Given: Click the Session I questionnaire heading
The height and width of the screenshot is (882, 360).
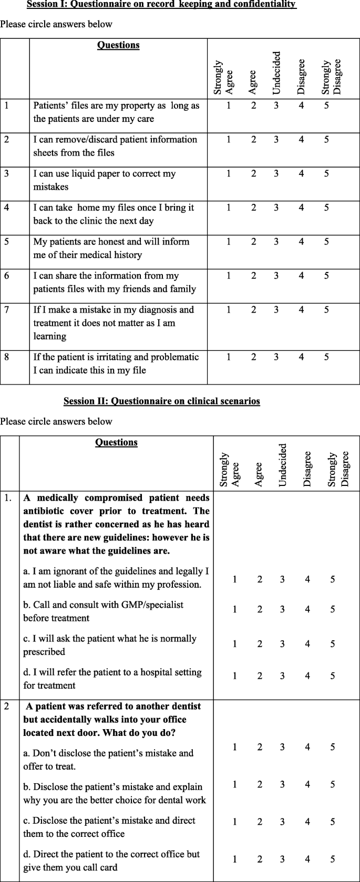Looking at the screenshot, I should tap(161, 5).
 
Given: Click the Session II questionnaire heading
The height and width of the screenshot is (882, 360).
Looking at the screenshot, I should tap(162, 401).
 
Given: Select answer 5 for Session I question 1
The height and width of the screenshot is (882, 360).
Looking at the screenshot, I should tap(326, 106).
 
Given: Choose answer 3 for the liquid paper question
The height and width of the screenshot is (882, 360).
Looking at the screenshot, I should tap(276, 174).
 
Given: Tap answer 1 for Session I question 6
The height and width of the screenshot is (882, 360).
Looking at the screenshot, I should tap(229, 276).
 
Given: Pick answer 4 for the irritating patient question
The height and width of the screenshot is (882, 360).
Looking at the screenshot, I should tap(301, 357).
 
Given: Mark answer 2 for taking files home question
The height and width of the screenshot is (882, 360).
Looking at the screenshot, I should tap(253, 208).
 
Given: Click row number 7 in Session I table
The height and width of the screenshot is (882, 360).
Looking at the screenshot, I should tap(7, 310).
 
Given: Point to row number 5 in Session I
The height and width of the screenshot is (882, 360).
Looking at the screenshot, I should tap(7, 242).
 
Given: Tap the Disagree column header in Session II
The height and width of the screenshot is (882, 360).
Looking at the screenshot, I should tap(307, 469).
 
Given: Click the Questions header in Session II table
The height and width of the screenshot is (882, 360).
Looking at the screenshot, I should tap(116, 442).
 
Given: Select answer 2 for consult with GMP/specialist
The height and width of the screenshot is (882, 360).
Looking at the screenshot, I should tap(260, 609).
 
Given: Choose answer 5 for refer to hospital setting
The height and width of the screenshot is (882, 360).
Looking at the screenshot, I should tap(333, 676).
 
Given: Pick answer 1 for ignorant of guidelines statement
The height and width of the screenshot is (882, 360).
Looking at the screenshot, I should tap(235, 579).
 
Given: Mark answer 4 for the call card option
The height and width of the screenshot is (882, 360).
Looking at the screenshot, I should tap(307, 859).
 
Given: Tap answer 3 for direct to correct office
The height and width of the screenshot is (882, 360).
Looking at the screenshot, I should tap(282, 822).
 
